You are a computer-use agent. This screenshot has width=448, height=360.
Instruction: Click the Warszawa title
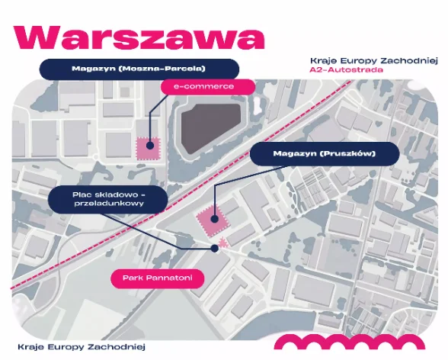(x=139, y=38)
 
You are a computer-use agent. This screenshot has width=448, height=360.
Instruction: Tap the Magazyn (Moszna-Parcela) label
(x=139, y=69)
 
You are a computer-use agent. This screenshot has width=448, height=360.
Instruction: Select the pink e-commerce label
(x=208, y=86)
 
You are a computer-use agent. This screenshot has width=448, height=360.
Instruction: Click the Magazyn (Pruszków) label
(x=325, y=153)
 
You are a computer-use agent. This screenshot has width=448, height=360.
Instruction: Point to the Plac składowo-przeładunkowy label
(x=108, y=199)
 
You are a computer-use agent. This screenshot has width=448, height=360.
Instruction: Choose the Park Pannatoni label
(x=158, y=278)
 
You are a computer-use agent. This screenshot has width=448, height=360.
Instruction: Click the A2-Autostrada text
(x=346, y=69)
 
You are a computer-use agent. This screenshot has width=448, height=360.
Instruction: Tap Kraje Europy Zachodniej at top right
(x=373, y=61)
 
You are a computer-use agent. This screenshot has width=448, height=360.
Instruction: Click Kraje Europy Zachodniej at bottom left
(x=82, y=347)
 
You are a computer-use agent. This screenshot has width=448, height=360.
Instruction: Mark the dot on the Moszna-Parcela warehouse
(x=149, y=146)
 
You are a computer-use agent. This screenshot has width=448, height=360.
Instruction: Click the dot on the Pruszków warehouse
(x=214, y=219)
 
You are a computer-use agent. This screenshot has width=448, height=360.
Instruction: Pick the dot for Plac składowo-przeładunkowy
(x=214, y=249)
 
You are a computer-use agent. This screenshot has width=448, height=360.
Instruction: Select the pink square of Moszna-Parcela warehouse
(x=148, y=149)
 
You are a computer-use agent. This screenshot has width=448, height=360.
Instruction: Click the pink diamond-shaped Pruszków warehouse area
(x=213, y=220)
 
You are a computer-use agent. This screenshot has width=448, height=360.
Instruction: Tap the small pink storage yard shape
(x=222, y=243)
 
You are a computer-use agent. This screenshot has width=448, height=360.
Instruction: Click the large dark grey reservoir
(x=211, y=128)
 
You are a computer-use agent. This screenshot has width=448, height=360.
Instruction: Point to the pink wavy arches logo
(x=350, y=342)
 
